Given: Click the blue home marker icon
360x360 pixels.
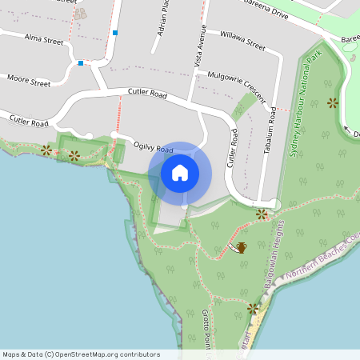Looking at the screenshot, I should point(180,173).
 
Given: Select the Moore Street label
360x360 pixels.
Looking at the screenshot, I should point(28,80).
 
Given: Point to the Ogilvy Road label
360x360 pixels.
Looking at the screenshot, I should point(154,147).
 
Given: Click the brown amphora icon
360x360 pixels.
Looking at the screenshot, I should point(241,247).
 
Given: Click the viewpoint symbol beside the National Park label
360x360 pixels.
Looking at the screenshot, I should point(332,102).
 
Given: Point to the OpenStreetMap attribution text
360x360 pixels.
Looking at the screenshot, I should point(81,354).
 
